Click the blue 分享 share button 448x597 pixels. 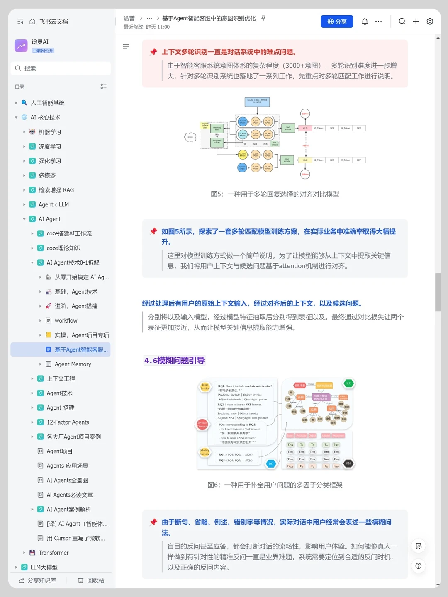coord(337,22)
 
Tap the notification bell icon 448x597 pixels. coord(365,22)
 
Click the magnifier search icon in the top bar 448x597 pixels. coord(402,22)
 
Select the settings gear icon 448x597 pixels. coord(430,22)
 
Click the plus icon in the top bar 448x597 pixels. coord(416,22)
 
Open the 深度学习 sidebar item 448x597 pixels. coord(50,146)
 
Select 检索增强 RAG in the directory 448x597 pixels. coord(56,190)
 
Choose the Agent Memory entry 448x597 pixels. coord(73,364)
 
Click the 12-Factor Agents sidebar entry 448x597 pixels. coord(68,422)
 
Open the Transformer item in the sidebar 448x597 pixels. coord(54,553)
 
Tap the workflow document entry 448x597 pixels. coord(66,320)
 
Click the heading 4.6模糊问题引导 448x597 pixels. coord(175,360)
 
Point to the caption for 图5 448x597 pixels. coord(275,194)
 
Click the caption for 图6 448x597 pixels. coord(275,485)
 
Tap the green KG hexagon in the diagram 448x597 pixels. coord(349,383)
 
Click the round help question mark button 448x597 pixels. coord(419,566)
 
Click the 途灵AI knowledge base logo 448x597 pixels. coord(21,46)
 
